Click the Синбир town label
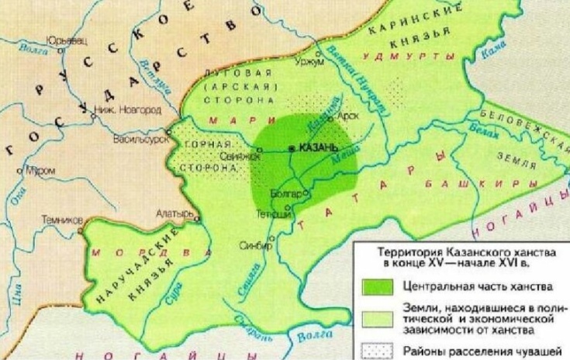pos(258,245)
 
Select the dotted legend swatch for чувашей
pos(379,350)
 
